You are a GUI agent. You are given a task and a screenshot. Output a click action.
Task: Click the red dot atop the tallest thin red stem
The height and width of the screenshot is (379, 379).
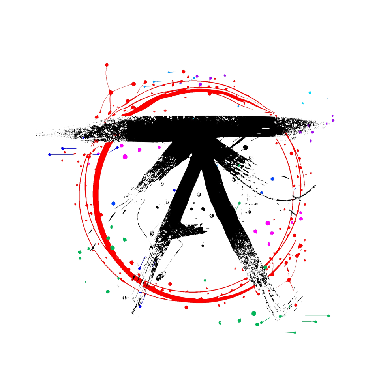coord(106,64)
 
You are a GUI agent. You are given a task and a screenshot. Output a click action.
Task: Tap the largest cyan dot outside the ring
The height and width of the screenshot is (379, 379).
coord(310,92)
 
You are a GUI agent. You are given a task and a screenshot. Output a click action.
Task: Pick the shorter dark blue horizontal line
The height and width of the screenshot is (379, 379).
coord(69,148)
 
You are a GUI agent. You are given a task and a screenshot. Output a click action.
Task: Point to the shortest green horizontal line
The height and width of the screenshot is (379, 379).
coord(291,333)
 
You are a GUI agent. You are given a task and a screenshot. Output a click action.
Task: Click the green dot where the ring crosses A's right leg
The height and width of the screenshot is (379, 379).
coord(265,268)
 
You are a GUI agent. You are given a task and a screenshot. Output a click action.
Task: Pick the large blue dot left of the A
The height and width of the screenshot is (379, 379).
coord(114,204)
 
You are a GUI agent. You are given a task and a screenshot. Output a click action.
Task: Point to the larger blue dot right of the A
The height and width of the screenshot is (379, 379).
coord(272,179)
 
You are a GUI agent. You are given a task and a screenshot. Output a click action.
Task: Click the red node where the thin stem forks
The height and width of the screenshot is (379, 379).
coord(111,92)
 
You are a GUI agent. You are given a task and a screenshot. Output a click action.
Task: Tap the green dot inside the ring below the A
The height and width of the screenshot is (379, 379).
coord(205,280)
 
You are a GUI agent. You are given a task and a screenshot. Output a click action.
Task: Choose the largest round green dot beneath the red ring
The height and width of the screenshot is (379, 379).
coord(253,313)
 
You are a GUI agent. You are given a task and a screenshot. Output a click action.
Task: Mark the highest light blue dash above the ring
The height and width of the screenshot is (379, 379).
coord(172,72)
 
